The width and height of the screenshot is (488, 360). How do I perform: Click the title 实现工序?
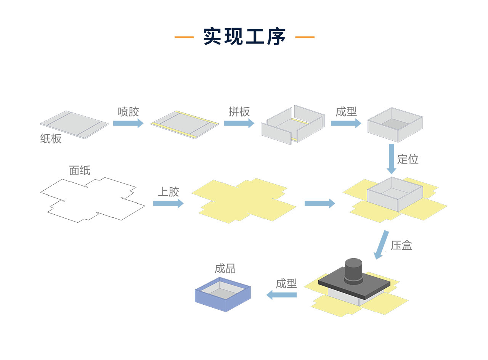pyautogui.click(x=244, y=37)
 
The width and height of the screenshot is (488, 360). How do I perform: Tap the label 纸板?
pyautogui.click(x=51, y=138)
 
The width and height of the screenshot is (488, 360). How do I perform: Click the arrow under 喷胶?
pyautogui.click(x=128, y=123)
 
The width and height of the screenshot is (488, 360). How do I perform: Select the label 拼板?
pyautogui.click(x=239, y=111)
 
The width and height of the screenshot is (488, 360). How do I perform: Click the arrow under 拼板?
pyautogui.click(x=239, y=123)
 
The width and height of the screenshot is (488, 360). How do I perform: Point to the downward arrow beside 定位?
pyautogui.click(x=391, y=159)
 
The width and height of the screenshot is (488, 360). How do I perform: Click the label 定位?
pyautogui.click(x=408, y=159)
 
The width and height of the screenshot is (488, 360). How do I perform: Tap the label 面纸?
pyautogui.click(x=80, y=170)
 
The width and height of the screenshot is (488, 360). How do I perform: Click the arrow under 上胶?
pyautogui.click(x=168, y=203)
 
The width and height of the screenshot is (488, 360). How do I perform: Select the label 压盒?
pyautogui.click(x=401, y=245)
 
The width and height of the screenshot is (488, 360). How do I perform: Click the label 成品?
pyautogui.click(x=225, y=269)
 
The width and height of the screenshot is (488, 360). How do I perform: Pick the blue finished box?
pyautogui.click(x=223, y=295)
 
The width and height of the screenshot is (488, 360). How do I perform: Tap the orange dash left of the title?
pyautogui.click(x=184, y=37)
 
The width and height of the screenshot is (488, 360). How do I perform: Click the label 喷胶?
pyautogui.click(x=128, y=112)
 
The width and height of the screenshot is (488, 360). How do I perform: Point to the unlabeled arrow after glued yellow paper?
pyautogui.click(x=319, y=203)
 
